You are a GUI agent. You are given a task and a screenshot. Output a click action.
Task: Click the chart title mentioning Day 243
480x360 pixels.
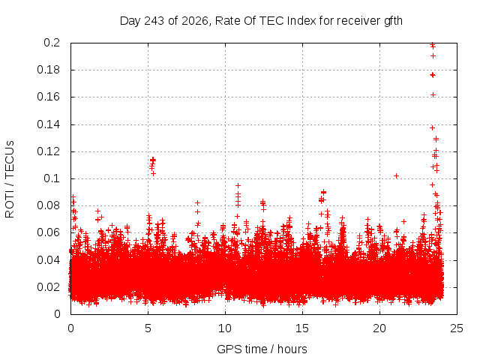coord(261,21)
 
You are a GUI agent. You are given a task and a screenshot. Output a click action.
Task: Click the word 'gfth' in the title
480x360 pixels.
coord(392,21)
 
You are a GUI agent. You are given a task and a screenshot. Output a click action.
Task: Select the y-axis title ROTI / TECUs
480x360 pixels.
coord(10,179)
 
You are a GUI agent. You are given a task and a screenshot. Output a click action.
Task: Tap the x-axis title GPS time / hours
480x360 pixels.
coord(262,349)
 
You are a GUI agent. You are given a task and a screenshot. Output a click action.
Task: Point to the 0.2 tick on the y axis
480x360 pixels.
coord(52,43)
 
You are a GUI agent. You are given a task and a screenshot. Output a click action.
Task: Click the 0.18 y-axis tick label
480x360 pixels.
coord(48,70)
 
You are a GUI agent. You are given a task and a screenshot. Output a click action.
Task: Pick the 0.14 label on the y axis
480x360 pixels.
coord(48,124)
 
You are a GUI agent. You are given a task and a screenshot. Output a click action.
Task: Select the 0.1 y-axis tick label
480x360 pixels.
coord(52,178)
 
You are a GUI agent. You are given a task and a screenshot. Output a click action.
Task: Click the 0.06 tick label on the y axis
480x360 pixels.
coord(48,232)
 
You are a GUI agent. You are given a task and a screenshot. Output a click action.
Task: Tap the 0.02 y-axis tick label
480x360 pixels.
coord(48,286)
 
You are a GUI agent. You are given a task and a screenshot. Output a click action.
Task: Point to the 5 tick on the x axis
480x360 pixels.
coord(148,328)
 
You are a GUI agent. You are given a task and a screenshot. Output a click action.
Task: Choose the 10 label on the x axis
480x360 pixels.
coord(225,328)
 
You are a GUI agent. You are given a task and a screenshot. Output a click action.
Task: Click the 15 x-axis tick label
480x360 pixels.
coord(302,328)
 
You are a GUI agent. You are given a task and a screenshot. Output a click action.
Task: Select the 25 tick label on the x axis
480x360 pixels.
coord(457,328)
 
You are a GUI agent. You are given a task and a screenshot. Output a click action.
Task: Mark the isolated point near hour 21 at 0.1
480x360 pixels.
coord(396,176)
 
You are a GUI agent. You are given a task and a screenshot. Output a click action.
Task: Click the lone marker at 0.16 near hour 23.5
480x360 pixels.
coord(433,95)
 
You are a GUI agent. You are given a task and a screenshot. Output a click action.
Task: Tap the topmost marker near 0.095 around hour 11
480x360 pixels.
coord(238,185)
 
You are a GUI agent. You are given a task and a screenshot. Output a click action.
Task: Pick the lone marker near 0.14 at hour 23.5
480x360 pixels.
coord(432,127)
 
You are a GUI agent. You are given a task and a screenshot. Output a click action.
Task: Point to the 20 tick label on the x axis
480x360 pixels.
coord(379,328)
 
